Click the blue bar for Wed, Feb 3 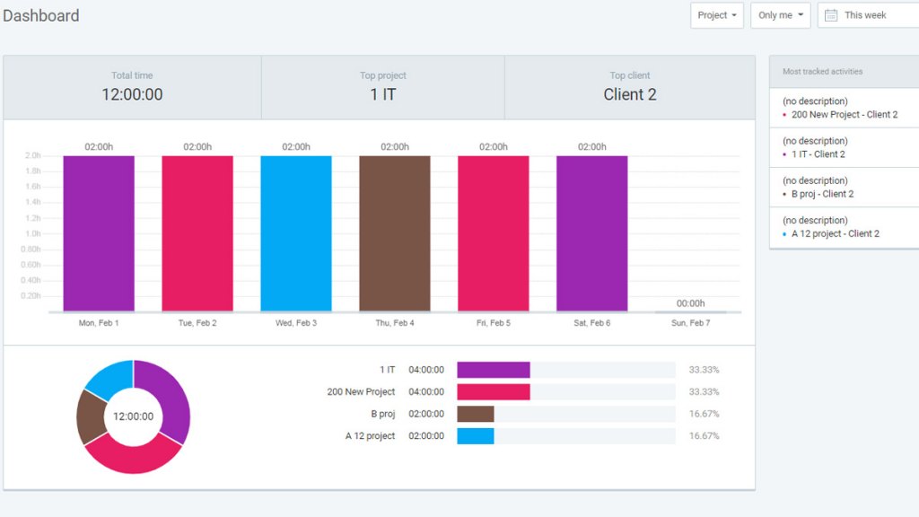296,233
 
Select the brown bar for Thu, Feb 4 395,233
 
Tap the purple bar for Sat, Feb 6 591,233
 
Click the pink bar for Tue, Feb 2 197,233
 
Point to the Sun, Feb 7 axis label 690,323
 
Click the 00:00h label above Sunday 690,303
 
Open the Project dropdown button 716,15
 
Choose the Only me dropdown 780,15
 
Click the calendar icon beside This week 831,15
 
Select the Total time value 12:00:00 132,94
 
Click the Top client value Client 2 629,94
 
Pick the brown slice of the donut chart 90,417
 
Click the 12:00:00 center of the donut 133,416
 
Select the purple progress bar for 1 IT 493,370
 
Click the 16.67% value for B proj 704,414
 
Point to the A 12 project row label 370,436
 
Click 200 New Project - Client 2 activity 844,115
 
